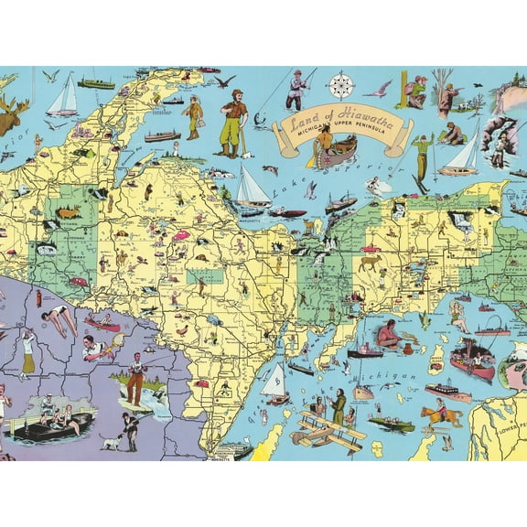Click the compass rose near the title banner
coord(341,85)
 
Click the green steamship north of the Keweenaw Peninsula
coord(95,83)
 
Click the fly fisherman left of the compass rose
coord(297,89)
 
